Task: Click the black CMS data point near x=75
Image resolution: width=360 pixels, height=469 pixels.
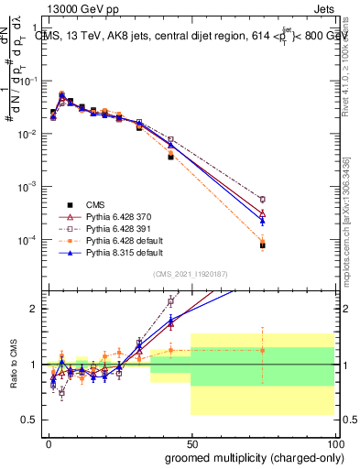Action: coord(262,245)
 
